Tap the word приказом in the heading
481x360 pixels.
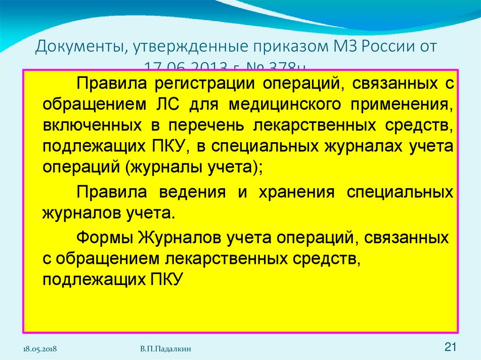(272, 47)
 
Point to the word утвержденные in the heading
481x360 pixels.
(179, 47)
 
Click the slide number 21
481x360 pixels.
(450, 347)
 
